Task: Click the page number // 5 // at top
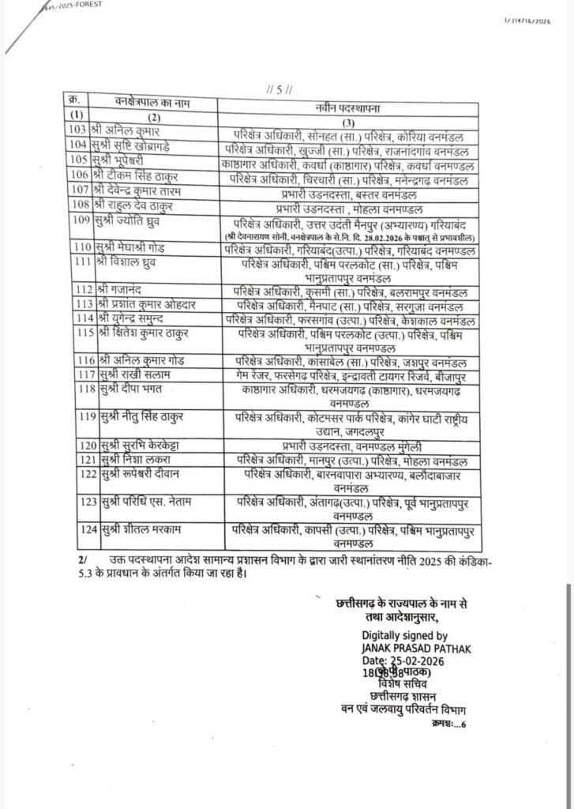coord(280,89)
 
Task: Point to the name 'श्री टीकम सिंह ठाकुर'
coord(137,175)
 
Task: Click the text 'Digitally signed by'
coord(404,634)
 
